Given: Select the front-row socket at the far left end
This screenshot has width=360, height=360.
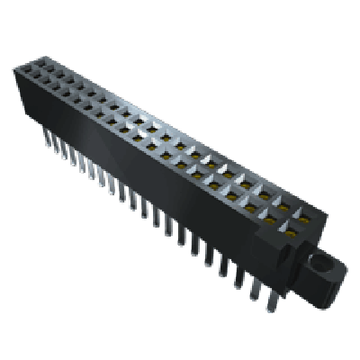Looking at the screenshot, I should [24, 76].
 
